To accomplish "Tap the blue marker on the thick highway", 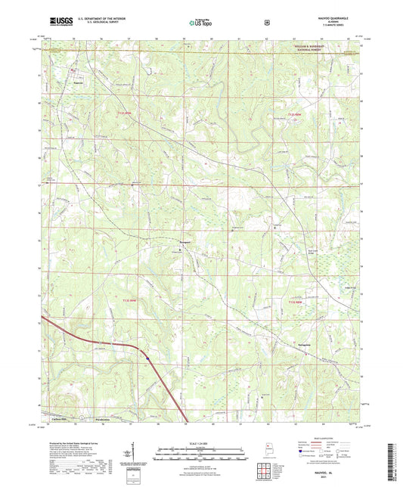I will pyautogui.click(x=147, y=358).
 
